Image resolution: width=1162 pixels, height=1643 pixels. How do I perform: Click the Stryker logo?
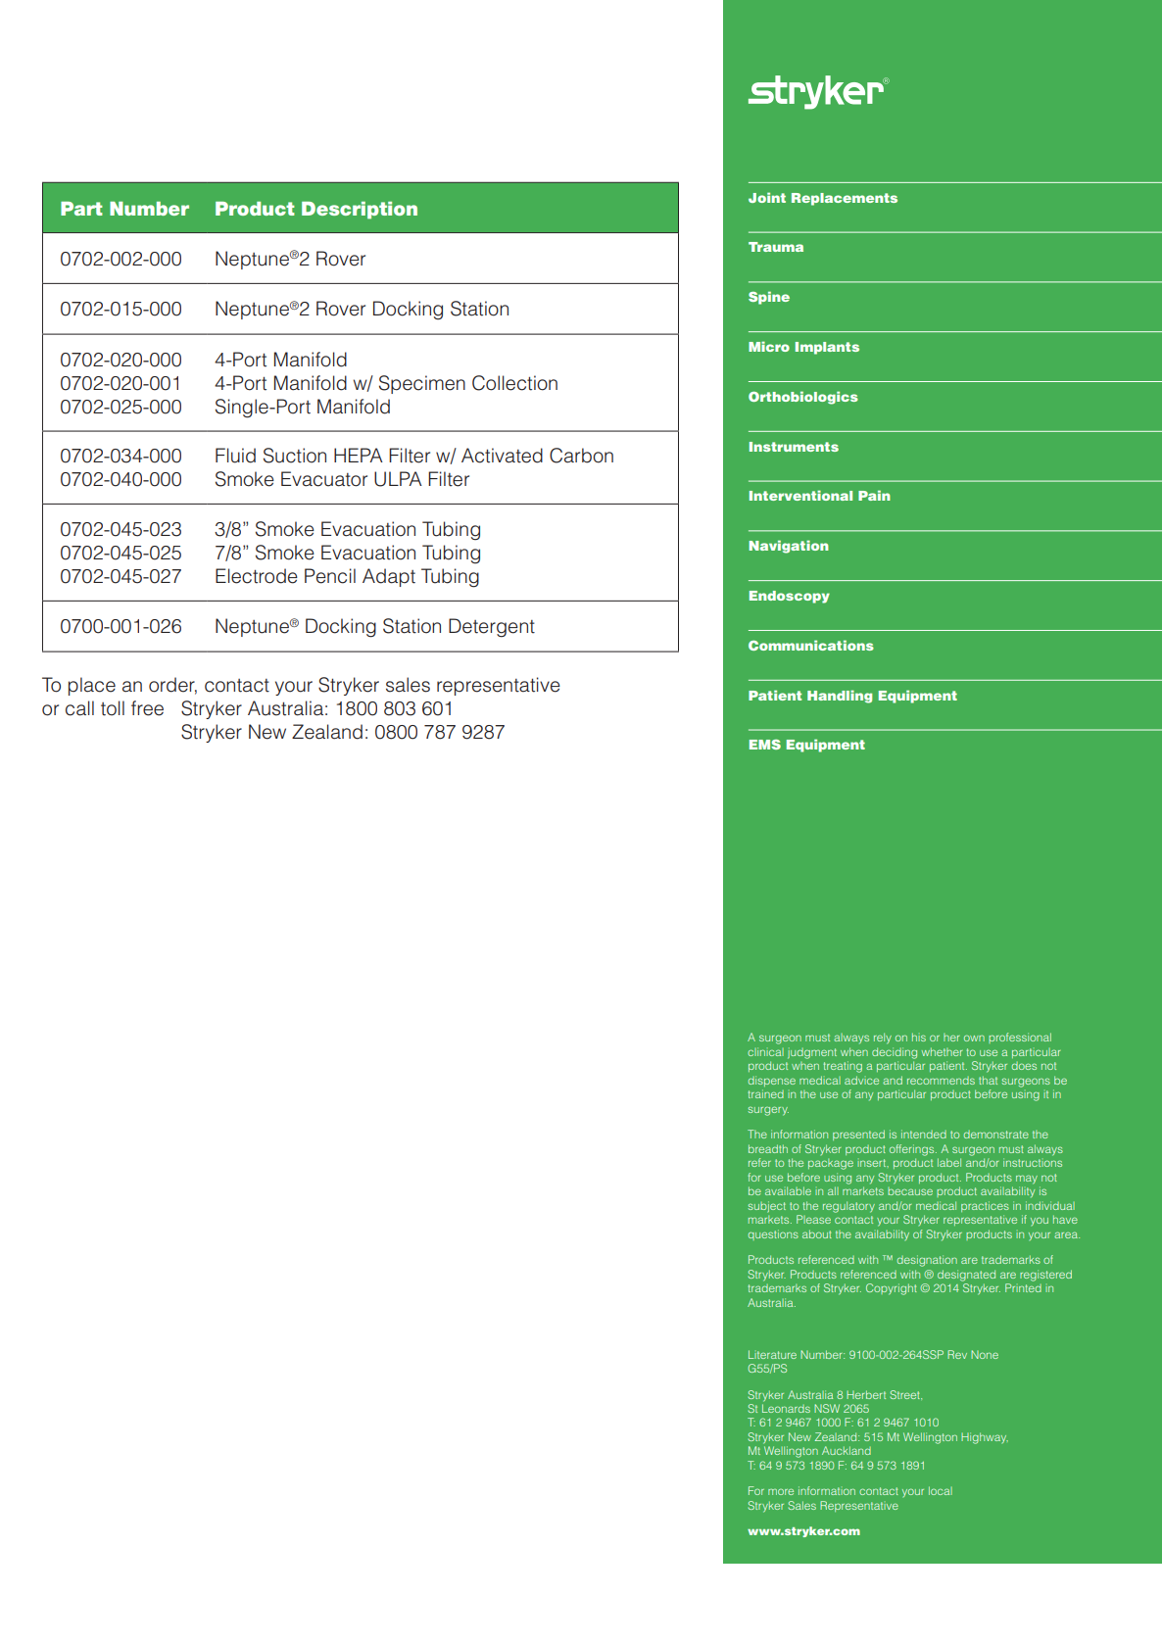coord(818,91)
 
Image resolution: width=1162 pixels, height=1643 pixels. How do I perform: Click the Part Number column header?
coord(124,209)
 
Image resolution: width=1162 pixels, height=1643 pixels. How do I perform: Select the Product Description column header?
coord(315,209)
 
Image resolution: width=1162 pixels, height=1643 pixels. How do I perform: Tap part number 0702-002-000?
coord(121,259)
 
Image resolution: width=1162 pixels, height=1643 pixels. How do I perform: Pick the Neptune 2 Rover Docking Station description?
coord(362,309)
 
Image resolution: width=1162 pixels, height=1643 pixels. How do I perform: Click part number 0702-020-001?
coord(121,383)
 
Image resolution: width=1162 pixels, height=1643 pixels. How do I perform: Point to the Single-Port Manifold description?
coord(302,407)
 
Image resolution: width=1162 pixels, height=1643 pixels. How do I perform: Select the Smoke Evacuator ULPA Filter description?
coord(342,479)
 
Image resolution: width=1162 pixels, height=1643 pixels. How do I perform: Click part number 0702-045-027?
coord(121,576)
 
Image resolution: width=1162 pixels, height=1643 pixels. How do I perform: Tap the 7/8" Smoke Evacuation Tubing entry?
coord(347,553)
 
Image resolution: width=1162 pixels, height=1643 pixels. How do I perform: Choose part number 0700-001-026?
coord(121,626)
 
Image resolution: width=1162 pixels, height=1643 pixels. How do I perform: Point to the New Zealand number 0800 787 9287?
coord(439,732)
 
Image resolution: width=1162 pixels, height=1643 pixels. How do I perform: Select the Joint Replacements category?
coord(822,198)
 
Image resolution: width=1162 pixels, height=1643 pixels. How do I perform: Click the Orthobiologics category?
coord(802,397)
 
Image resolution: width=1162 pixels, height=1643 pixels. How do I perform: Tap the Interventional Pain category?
coord(819,496)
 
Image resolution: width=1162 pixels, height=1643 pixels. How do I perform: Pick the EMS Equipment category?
coord(806,745)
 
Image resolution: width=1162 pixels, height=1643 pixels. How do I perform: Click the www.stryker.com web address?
coord(803,1531)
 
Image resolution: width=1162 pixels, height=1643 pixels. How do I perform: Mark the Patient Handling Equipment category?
coord(852,696)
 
